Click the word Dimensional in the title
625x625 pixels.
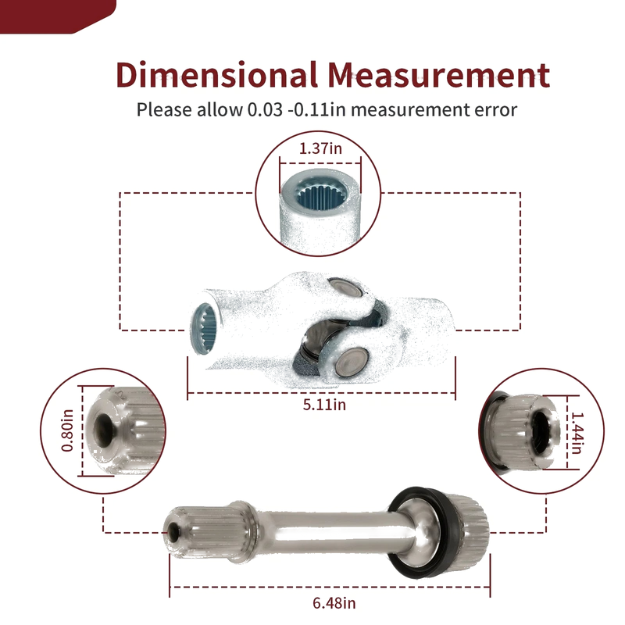click(x=217, y=74)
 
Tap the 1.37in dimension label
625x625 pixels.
click(x=320, y=148)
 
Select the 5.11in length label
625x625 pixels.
click(x=324, y=405)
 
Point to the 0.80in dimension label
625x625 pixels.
click(x=67, y=430)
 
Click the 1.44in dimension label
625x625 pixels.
click(x=577, y=433)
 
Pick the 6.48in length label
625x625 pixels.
click(x=334, y=603)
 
